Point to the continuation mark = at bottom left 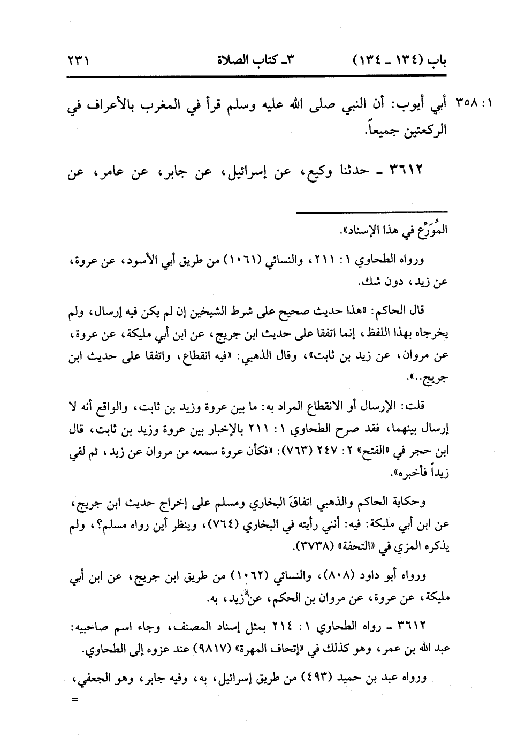click(x=74, y=700)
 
